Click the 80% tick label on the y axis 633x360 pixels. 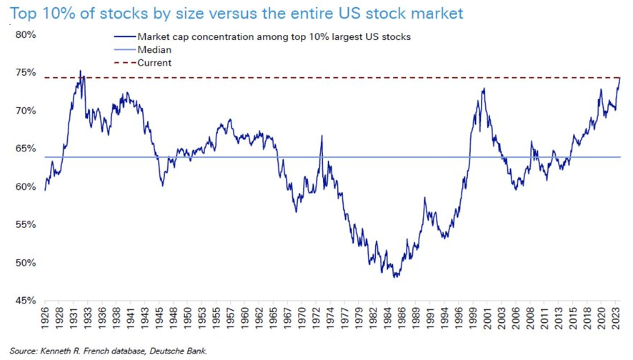(x=26, y=34)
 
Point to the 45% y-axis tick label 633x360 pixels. (x=26, y=301)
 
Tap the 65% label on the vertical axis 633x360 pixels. (x=26, y=149)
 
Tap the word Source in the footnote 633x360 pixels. (x=23, y=351)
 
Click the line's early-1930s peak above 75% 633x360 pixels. (x=80, y=71)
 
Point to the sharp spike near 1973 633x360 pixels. (x=322, y=136)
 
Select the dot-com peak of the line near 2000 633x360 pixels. (x=484, y=89)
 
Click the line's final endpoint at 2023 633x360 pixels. (x=619, y=77)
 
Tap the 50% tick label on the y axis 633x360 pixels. (x=26, y=263)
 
